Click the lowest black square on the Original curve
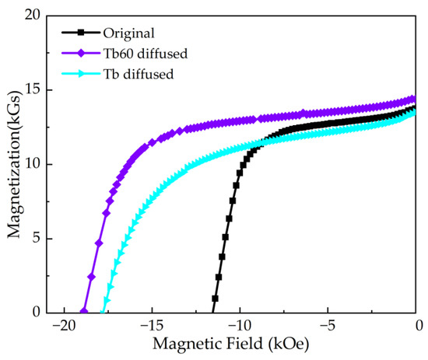[215, 299]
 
